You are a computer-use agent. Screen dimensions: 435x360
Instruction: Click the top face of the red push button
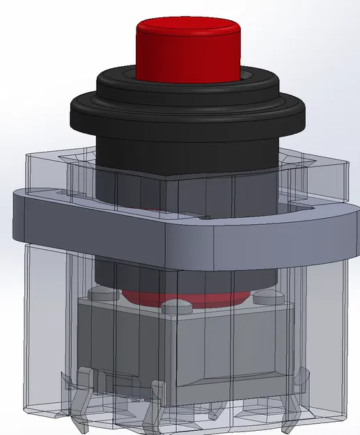pos(187,29)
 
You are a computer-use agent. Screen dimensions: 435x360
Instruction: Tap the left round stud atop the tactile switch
pos(103,296)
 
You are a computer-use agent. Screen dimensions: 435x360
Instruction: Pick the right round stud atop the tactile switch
pos(265,298)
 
